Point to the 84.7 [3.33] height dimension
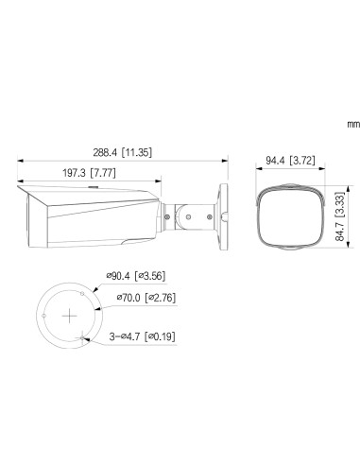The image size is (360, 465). pyautogui.click(x=337, y=218)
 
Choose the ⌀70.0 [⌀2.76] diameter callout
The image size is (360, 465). pyautogui.click(x=146, y=298)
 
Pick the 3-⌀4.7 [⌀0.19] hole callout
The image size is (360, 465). pyautogui.click(x=145, y=336)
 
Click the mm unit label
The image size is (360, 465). pyautogui.click(x=328, y=123)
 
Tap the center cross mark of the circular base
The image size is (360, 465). pyautogui.click(x=67, y=314)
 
